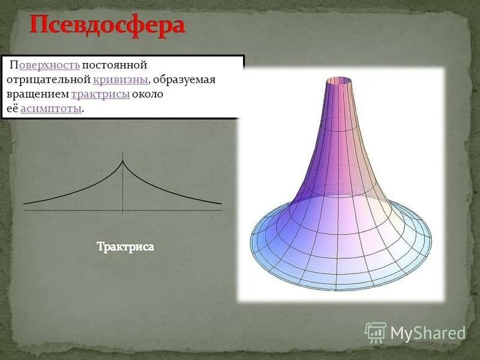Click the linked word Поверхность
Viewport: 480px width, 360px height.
[x=49, y=65]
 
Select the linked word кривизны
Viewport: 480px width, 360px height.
[x=121, y=80]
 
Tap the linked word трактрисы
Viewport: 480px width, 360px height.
[x=100, y=94]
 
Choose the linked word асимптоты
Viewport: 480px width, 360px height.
[x=51, y=109]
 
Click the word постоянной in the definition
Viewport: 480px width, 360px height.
[x=115, y=65]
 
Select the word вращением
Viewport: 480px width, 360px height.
[x=37, y=94]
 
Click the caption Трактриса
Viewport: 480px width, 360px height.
[x=125, y=247]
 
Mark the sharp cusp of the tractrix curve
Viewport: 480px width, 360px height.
[x=123, y=160]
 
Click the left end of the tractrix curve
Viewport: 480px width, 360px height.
[x=25, y=203]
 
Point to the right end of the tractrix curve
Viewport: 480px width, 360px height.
[x=221, y=203]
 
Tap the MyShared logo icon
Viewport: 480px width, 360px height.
[x=376, y=332]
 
